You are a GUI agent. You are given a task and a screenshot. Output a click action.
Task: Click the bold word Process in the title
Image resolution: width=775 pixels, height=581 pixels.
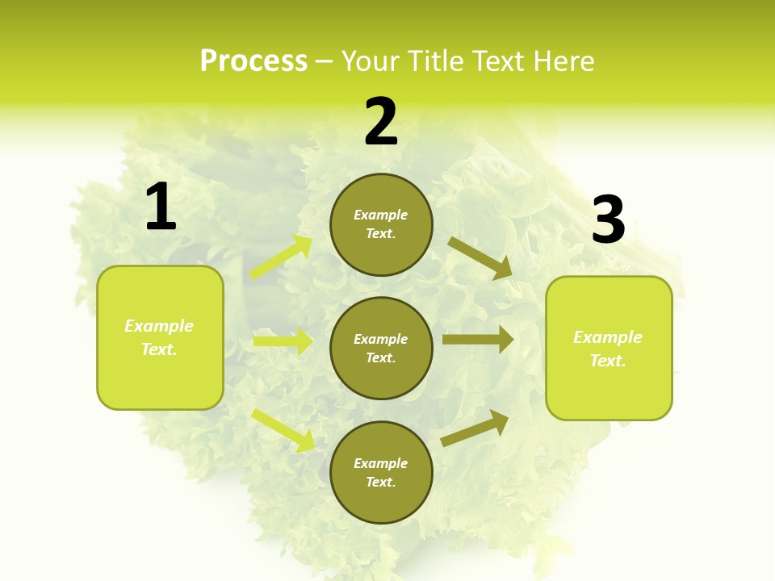coord(253,61)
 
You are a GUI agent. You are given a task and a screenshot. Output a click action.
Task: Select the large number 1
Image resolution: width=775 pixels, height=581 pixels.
coord(161,207)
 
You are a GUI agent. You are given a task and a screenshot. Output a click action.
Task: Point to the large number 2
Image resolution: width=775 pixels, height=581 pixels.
coord(381,123)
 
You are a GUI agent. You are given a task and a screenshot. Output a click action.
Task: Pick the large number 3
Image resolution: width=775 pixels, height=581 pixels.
coord(608,220)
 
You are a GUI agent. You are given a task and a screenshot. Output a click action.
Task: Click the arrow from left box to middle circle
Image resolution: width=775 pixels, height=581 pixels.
coord(283,341)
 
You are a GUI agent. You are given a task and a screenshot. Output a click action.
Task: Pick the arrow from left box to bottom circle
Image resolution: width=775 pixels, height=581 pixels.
coord(283,430)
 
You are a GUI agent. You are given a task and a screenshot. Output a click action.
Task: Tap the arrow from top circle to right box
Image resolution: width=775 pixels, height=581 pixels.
coord(480,258)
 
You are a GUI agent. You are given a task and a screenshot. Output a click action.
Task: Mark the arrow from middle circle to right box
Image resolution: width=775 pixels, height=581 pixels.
coord(478,340)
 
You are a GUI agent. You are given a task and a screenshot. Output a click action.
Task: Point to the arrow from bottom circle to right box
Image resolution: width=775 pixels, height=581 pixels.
coord(475,428)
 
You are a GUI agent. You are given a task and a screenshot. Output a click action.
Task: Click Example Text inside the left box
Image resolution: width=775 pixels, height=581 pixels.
coord(159,337)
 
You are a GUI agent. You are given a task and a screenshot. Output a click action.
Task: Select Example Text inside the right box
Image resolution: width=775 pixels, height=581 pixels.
coord(608,349)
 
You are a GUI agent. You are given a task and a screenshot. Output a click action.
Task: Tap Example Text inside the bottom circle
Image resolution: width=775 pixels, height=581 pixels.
coord(380,472)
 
